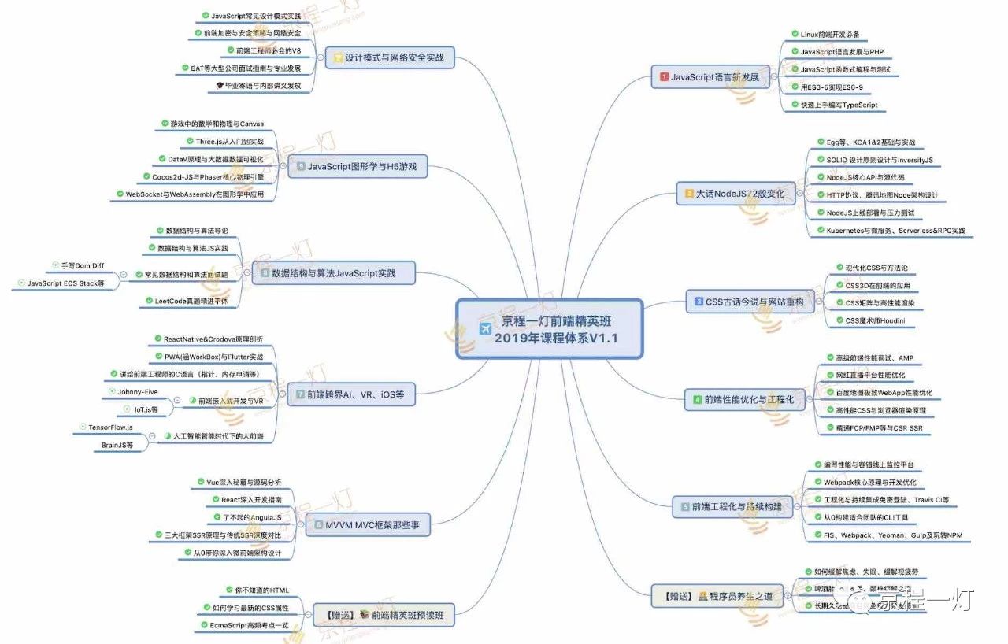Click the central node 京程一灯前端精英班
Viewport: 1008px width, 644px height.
[x=550, y=329]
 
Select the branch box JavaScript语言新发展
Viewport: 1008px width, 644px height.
[x=710, y=77]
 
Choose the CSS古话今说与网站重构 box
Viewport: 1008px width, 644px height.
[x=747, y=302]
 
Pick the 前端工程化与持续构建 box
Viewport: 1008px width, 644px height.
[x=731, y=507]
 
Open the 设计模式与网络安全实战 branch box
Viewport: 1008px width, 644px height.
[x=390, y=57]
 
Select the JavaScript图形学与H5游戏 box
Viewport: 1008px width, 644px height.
[x=357, y=167]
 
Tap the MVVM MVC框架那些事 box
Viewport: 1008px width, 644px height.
[x=367, y=524]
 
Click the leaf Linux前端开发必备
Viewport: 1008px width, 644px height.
[x=829, y=35]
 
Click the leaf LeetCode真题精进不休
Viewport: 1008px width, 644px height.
[x=186, y=301]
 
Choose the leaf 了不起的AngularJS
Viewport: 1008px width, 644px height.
[x=247, y=517]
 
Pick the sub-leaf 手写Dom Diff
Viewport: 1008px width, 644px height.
[x=82, y=265]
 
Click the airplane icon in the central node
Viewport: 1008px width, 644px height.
[x=484, y=329]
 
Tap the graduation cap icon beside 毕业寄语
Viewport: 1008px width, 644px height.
[x=220, y=85]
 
